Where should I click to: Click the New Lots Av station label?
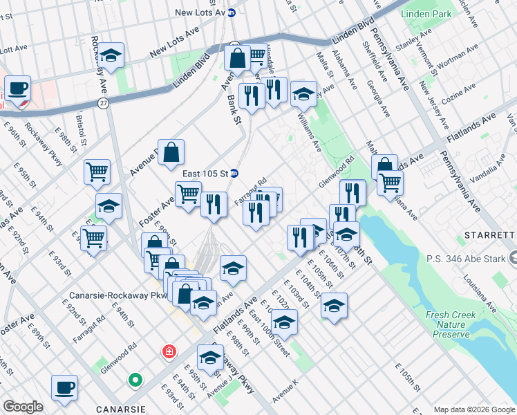tap(200, 12)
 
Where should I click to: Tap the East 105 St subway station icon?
tap(234, 173)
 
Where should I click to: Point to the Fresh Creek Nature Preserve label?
tap(452, 324)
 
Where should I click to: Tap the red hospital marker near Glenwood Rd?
tap(168, 352)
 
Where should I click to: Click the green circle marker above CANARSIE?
tap(135, 380)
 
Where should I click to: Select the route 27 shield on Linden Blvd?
tap(103, 102)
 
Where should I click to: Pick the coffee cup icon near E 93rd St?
tap(64, 387)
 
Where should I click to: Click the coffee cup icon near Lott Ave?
tap(17, 88)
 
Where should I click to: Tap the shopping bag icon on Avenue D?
tap(171, 153)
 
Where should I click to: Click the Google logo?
tap(22, 407)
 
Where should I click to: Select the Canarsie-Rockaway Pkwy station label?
tap(115, 295)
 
